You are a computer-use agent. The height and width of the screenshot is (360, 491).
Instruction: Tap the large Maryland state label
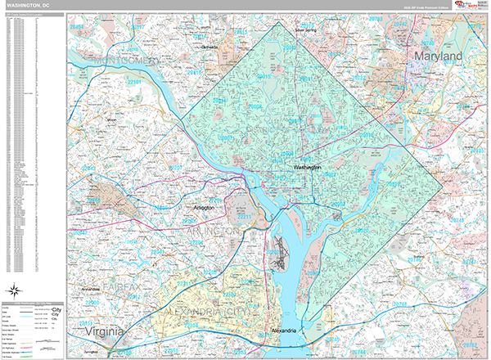(438, 56)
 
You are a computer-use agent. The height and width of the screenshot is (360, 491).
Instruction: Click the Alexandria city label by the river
(286, 331)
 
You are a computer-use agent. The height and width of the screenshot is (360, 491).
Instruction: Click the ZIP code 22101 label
(135, 83)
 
